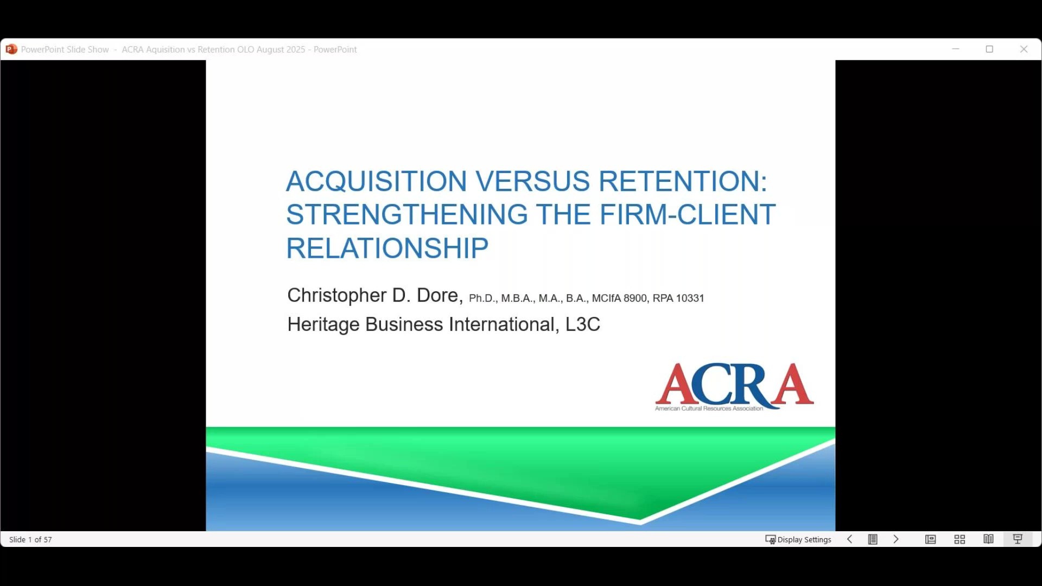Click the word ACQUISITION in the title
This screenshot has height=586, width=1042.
(376, 181)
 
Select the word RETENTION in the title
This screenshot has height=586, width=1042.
(683, 181)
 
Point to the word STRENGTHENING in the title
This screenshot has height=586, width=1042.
(407, 214)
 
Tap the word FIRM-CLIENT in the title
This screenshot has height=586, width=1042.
(688, 214)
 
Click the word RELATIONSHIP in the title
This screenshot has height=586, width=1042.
(387, 248)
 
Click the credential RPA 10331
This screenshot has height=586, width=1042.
(678, 298)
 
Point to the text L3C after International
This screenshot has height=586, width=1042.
(583, 324)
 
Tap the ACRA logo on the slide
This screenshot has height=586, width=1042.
(734, 386)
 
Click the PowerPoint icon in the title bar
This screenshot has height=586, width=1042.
(11, 49)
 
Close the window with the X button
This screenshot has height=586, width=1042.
(1024, 49)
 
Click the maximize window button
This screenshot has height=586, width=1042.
(989, 49)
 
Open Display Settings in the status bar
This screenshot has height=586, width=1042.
(798, 539)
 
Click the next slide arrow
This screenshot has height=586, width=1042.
(896, 539)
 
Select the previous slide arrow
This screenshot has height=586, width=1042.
(850, 539)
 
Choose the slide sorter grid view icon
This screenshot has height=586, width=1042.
(960, 539)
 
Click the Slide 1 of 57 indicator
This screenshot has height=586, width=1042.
(30, 539)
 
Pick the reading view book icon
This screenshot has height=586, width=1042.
(988, 539)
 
